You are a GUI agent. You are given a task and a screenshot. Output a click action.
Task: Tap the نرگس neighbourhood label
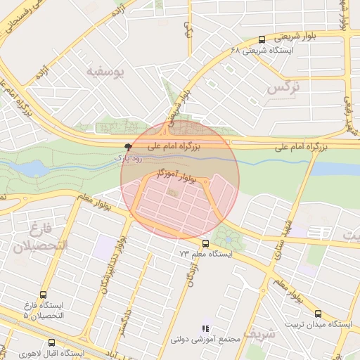(283, 88)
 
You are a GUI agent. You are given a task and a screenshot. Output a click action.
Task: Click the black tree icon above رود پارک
(128, 147)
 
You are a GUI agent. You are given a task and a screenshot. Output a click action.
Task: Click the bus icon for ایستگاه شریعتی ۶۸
(262, 39)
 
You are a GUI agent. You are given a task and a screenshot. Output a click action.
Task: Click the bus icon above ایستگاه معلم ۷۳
(206, 243)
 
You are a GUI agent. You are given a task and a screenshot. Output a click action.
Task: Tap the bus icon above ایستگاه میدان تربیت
(319, 314)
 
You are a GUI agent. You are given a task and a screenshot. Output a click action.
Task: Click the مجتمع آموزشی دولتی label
(205, 340)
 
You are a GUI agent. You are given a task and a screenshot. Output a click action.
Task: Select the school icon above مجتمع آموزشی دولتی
(205, 328)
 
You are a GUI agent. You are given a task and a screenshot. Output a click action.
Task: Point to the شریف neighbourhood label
(283, 337)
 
